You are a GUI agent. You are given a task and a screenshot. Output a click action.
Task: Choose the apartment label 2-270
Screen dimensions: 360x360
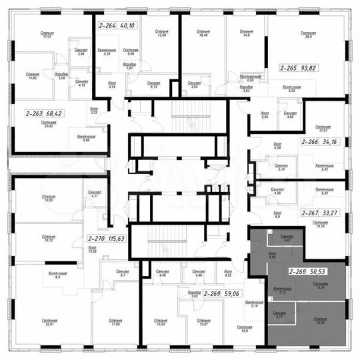(99, 238)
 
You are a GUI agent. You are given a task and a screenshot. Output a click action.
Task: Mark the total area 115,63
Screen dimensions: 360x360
(121, 238)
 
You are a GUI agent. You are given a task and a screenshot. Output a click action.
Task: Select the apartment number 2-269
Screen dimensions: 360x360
(212, 293)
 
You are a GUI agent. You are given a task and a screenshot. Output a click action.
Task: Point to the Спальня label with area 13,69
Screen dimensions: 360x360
(161, 33)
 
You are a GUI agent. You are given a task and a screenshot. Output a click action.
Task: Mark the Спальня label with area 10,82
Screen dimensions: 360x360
(32, 75)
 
